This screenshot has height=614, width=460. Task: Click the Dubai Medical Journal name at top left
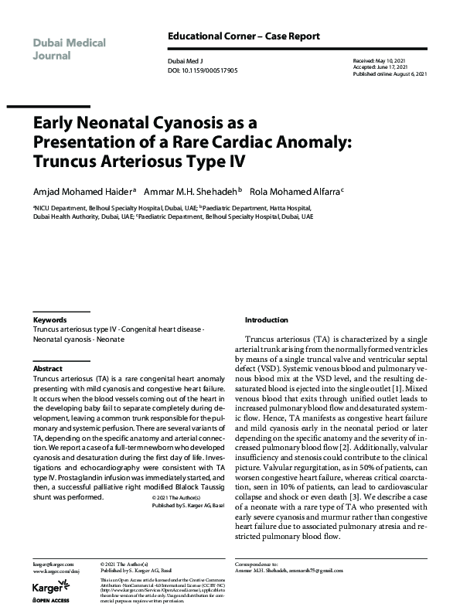coord(70,49)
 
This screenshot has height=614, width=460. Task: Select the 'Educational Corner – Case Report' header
coord(244,37)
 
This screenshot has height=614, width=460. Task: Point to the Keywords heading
coord(49,319)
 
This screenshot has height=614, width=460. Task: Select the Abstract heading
coord(48,369)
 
